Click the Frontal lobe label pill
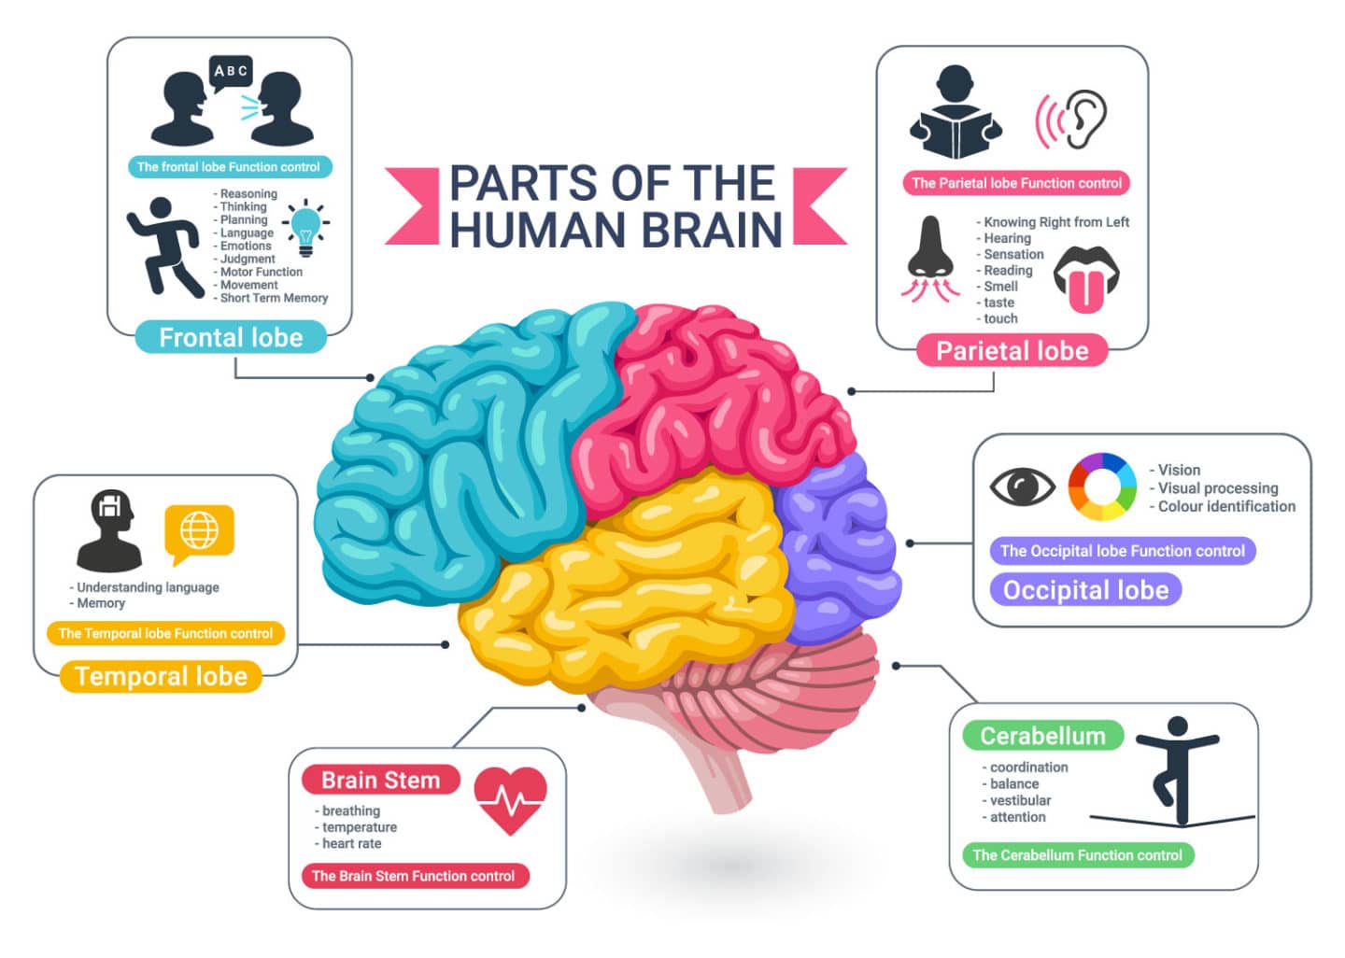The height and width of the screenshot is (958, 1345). [x=231, y=337]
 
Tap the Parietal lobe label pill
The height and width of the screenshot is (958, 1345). [x=1012, y=350]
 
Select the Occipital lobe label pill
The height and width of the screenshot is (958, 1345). [x=1085, y=589]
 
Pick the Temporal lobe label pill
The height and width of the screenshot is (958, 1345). [x=161, y=676]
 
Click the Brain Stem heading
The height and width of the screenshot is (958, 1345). [x=380, y=780]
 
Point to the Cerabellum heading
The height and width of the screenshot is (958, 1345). [x=1042, y=736]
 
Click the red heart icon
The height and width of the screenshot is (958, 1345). [x=510, y=799]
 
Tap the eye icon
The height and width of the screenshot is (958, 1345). [x=1022, y=486]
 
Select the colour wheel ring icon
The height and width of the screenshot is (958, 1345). [x=1102, y=486]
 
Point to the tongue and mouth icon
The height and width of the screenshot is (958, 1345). [x=1086, y=278]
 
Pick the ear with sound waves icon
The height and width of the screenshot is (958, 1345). [x=1073, y=120]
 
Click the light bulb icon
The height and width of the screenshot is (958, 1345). [x=305, y=227]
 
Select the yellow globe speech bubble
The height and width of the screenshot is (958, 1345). [x=199, y=532]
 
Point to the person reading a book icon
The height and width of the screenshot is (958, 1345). [x=956, y=114]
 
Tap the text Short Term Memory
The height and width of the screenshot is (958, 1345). [x=274, y=298]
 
